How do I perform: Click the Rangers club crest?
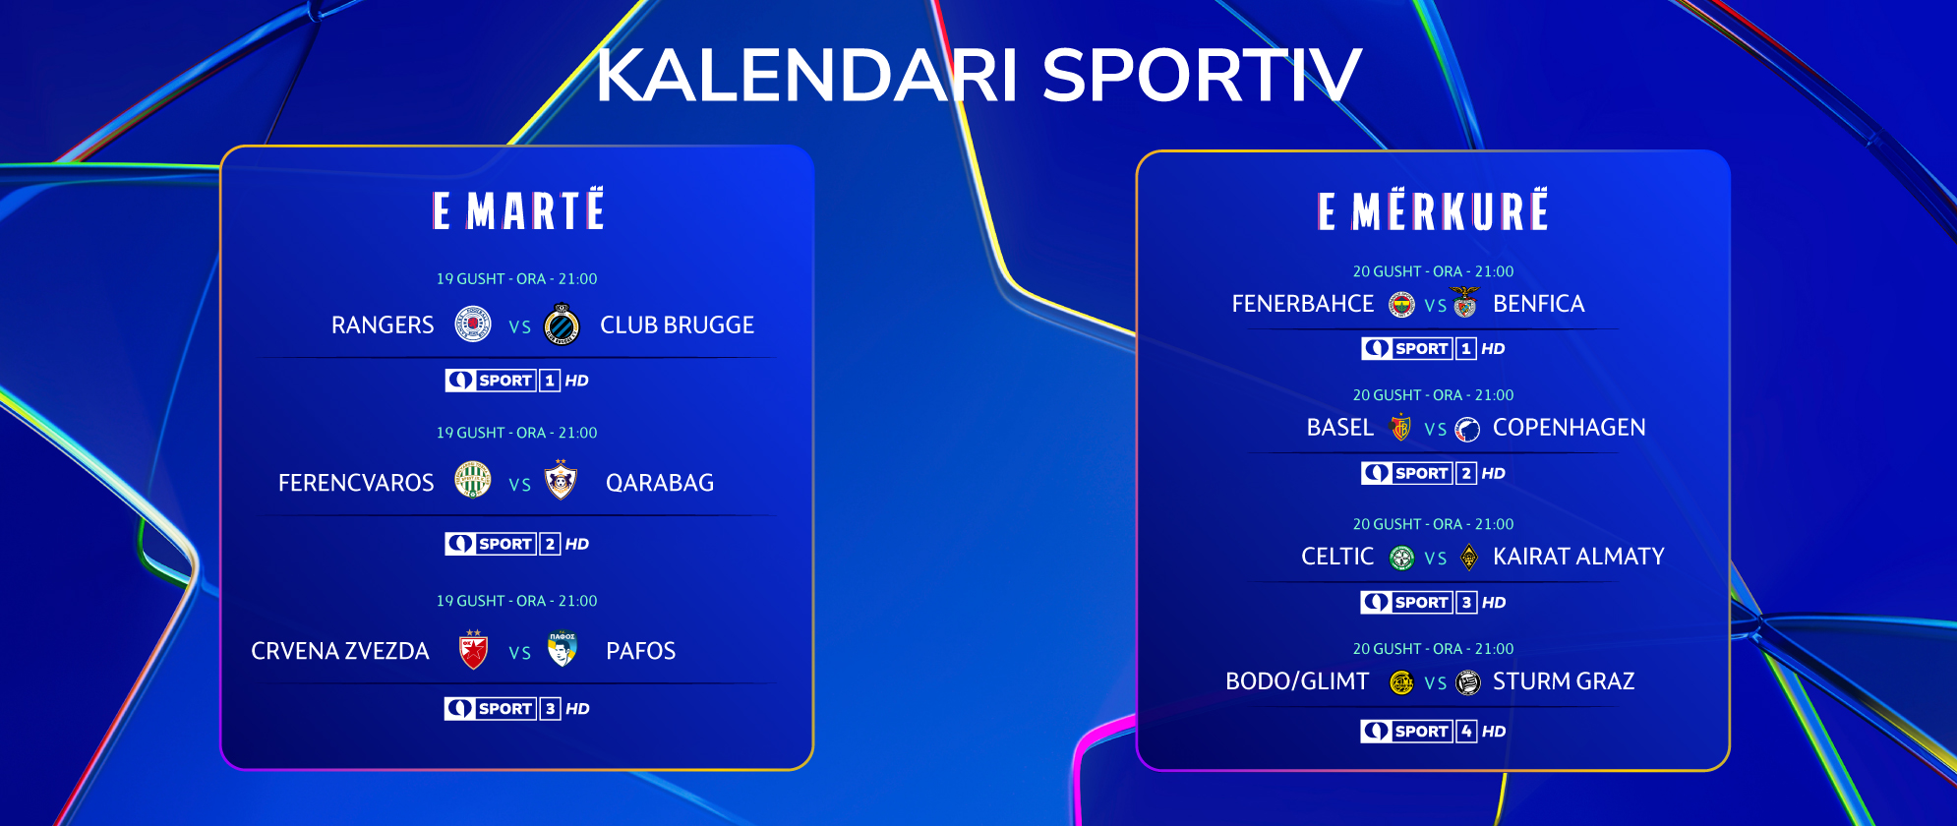pyautogui.click(x=473, y=324)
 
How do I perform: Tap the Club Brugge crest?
pyautogui.click(x=562, y=324)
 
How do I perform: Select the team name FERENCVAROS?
pyautogui.click(x=356, y=483)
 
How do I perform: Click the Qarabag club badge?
pyautogui.click(x=561, y=480)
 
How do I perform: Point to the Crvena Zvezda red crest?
pyautogui.click(x=474, y=650)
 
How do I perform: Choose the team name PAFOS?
pyautogui.click(x=641, y=651)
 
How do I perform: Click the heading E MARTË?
pyautogui.click(x=518, y=210)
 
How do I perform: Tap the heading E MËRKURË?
pyautogui.click(x=1433, y=210)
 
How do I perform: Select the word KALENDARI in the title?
pyautogui.click(x=807, y=75)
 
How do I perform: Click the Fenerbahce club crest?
pyautogui.click(x=1401, y=305)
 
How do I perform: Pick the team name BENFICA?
pyautogui.click(x=1539, y=304)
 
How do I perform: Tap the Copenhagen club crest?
pyautogui.click(x=1467, y=429)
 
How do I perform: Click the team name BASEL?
pyautogui.click(x=1340, y=428)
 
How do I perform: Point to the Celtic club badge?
pyautogui.click(x=1401, y=558)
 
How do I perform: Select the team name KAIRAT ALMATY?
pyautogui.click(x=1578, y=557)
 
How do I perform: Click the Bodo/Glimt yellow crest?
pyautogui.click(x=1401, y=682)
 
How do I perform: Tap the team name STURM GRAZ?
pyautogui.click(x=1564, y=681)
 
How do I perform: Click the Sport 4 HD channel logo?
pyautogui.click(x=1433, y=731)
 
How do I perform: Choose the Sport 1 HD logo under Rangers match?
pyautogui.click(x=516, y=381)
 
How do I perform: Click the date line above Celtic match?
pyautogui.click(x=1433, y=524)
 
